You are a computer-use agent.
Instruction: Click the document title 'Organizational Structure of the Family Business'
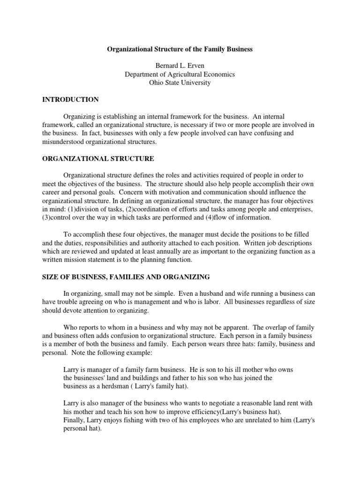point(180,49)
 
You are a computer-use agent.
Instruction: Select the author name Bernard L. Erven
point(180,66)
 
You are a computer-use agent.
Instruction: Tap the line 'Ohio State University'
point(180,83)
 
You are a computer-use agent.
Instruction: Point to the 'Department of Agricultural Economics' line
point(180,75)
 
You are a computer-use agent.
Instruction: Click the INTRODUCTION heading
point(70,100)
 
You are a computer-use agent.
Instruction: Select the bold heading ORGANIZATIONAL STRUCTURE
point(98,159)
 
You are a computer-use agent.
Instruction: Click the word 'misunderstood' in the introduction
point(62,142)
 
